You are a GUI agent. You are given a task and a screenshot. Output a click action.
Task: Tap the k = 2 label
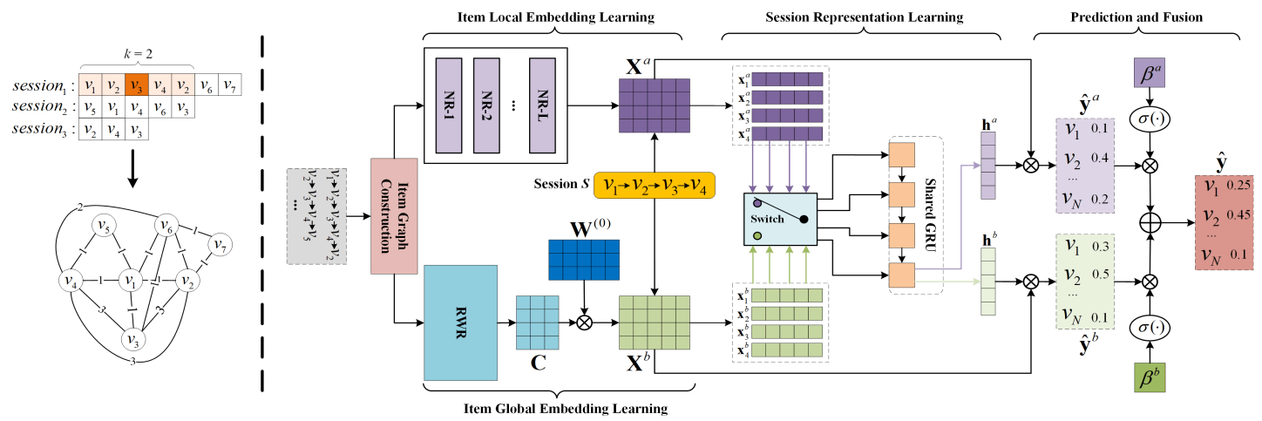pyautogui.click(x=136, y=55)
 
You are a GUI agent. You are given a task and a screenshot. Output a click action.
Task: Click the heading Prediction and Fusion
pyautogui.click(x=1136, y=17)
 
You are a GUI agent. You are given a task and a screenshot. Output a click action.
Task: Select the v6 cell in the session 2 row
pyautogui.click(x=159, y=108)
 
